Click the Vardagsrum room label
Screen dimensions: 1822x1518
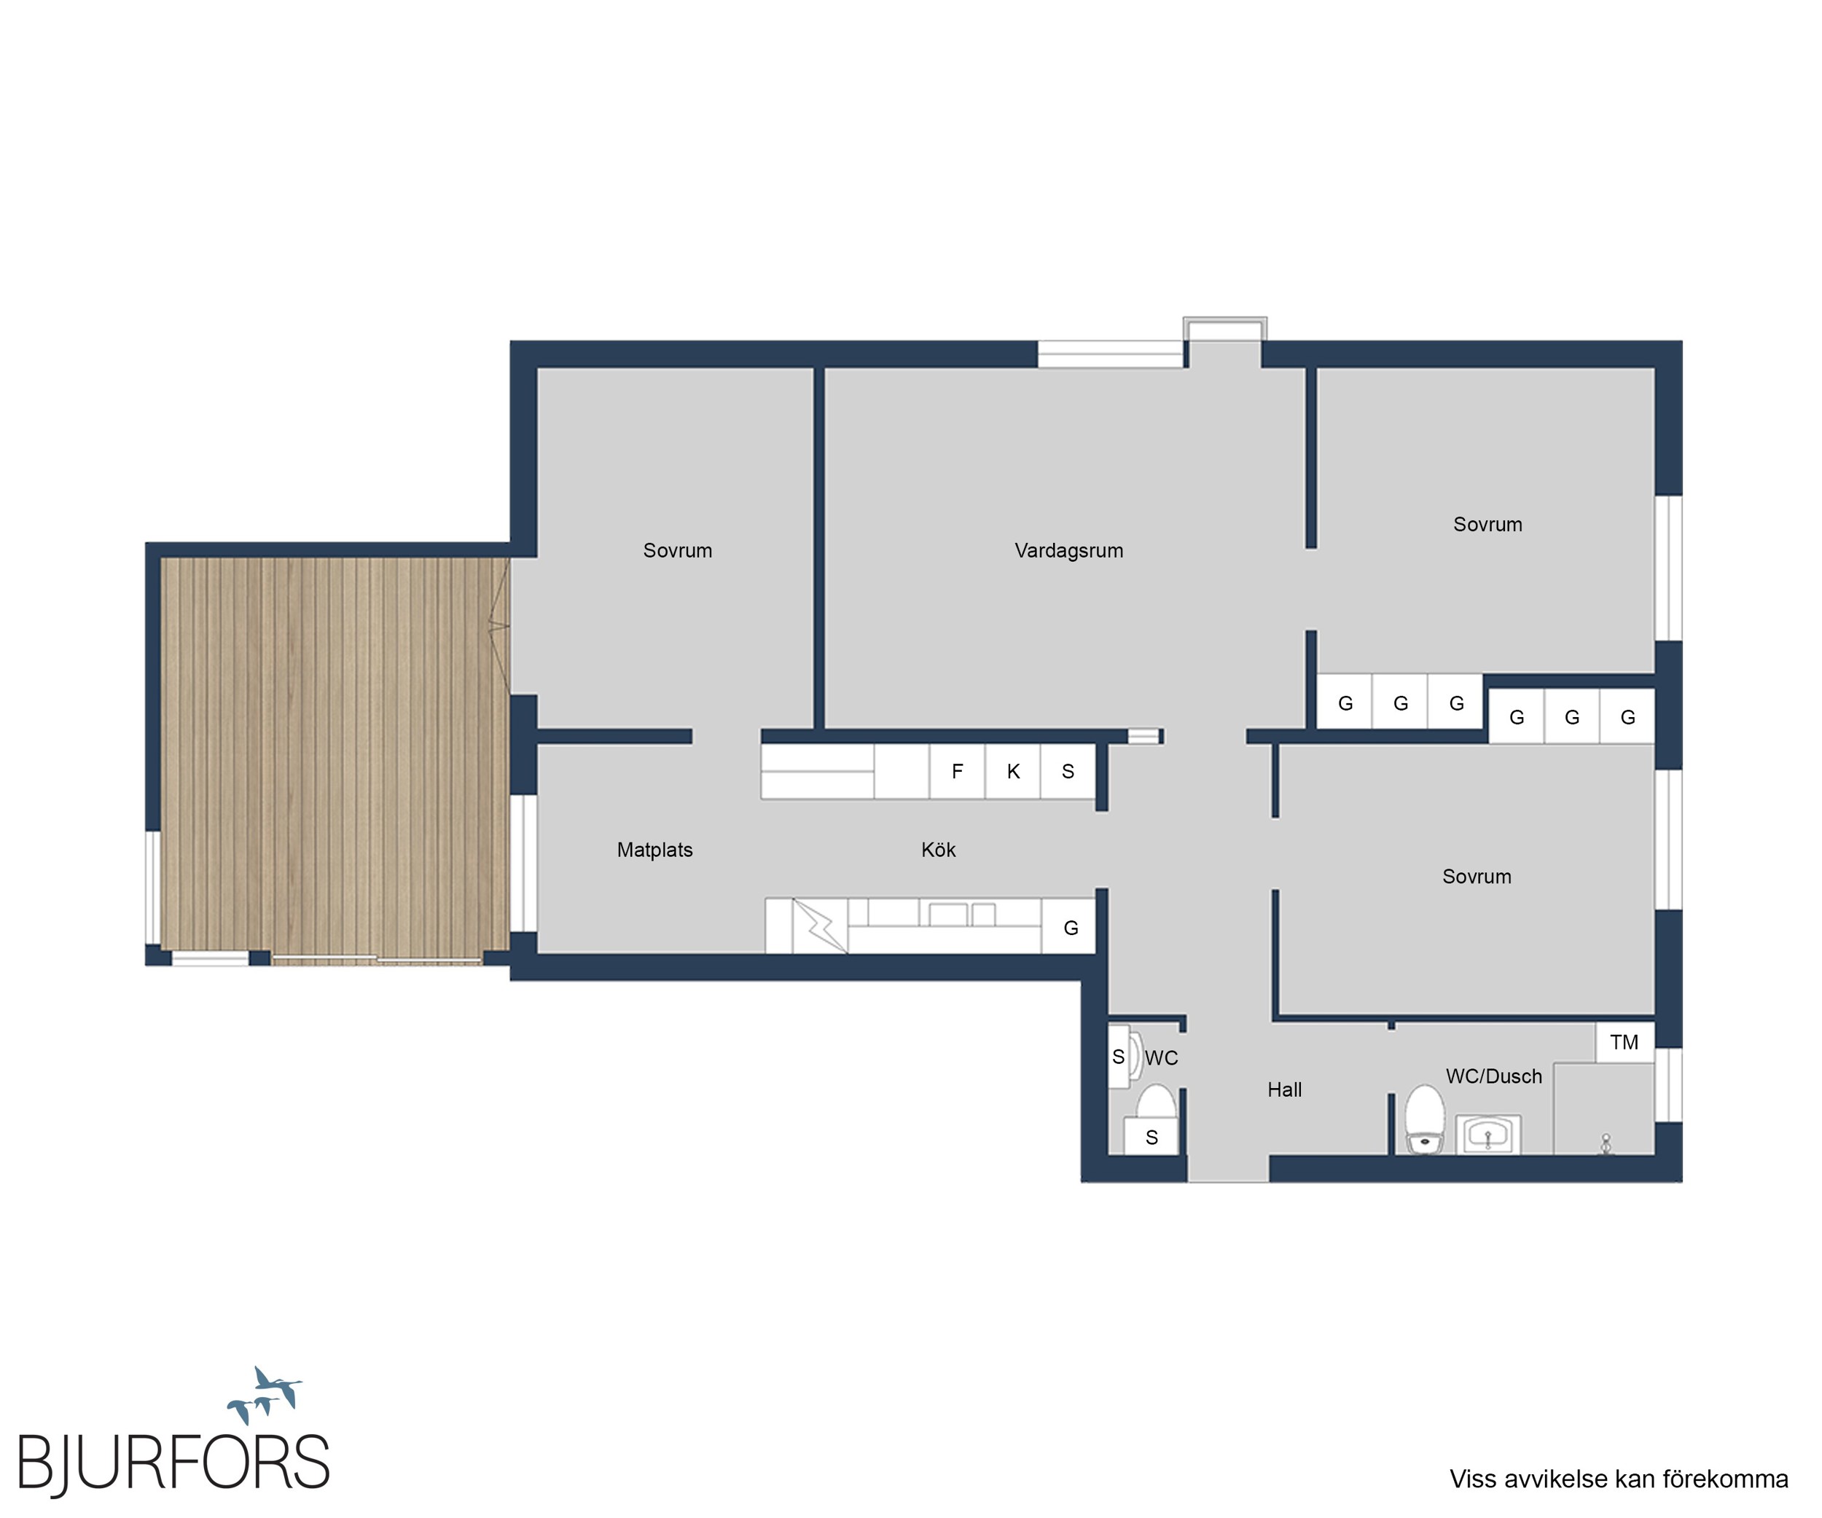point(1069,551)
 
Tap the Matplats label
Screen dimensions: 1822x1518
point(655,850)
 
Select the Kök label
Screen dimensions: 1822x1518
point(939,850)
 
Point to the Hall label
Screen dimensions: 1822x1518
point(1285,1090)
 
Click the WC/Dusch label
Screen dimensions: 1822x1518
point(1494,1076)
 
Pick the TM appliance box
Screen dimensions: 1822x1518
point(1625,1043)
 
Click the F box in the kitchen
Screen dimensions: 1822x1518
point(958,771)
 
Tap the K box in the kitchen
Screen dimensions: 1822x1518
point(1013,771)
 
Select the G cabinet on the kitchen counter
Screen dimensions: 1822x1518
point(1070,927)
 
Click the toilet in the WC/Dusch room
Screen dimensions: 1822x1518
point(1426,1120)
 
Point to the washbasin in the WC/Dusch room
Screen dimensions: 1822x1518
point(1489,1135)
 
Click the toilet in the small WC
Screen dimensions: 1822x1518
point(1156,1104)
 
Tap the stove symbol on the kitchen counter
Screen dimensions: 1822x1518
point(820,926)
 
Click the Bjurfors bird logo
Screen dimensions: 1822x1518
point(265,1396)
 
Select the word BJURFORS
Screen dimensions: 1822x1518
point(173,1463)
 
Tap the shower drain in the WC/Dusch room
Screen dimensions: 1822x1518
point(1606,1144)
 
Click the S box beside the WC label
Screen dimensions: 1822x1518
point(1119,1057)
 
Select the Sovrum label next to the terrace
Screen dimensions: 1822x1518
point(678,551)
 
